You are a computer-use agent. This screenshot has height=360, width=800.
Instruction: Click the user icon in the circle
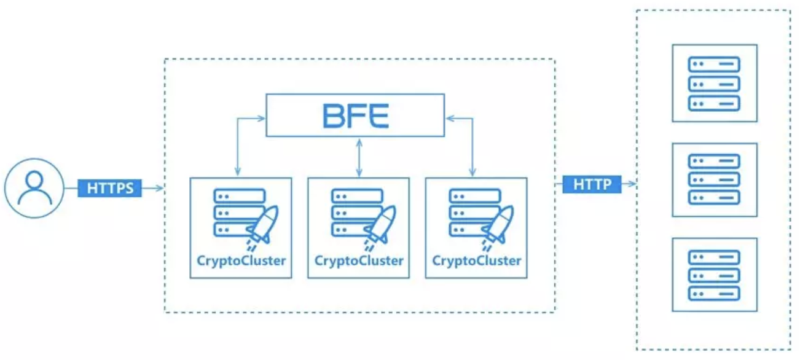pyautogui.click(x=34, y=187)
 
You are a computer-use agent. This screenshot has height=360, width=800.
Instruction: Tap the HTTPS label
pyautogui.click(x=110, y=188)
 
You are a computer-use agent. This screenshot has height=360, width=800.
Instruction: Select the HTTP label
pyautogui.click(x=592, y=184)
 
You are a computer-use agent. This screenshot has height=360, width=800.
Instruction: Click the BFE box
pyautogui.click(x=355, y=115)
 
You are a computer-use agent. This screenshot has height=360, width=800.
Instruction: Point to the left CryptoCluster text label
pyautogui.click(x=241, y=260)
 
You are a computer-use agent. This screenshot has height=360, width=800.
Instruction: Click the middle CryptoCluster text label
pyautogui.click(x=359, y=260)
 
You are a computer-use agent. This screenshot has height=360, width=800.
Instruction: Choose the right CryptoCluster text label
pyautogui.click(x=477, y=260)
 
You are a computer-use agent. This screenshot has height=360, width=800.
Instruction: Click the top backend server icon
pyautogui.click(x=714, y=83)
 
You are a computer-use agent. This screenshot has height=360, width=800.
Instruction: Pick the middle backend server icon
pyautogui.click(x=714, y=179)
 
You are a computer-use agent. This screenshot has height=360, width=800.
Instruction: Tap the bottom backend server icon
pyautogui.click(x=714, y=275)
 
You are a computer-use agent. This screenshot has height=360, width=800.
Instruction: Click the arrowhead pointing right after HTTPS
pyautogui.click(x=161, y=188)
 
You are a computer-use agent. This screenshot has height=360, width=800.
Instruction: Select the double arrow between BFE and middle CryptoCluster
pyautogui.click(x=358, y=157)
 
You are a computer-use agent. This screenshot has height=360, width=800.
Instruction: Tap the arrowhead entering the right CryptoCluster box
pyautogui.click(x=473, y=174)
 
